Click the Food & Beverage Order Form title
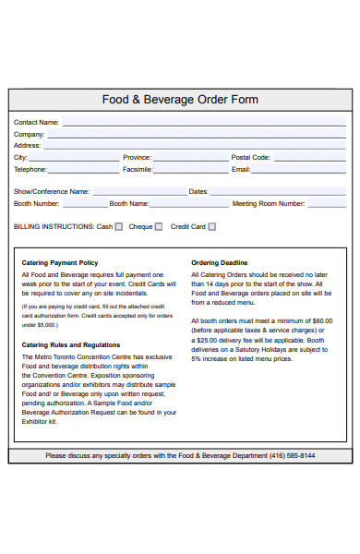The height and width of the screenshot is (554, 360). tap(180, 100)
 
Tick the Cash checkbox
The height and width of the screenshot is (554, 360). tap(118, 226)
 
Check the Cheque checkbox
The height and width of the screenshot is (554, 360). tap(159, 226)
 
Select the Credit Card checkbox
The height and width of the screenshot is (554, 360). tap(211, 226)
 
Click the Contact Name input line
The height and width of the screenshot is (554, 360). tap(203, 124)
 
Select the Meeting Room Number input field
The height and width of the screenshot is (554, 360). tap(326, 204)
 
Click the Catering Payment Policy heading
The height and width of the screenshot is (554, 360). tap(59, 262)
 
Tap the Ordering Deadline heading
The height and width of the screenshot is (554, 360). tap(219, 262)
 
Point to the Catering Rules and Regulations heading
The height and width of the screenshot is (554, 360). tap(71, 345)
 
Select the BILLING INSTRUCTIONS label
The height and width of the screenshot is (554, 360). tap(54, 226)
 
